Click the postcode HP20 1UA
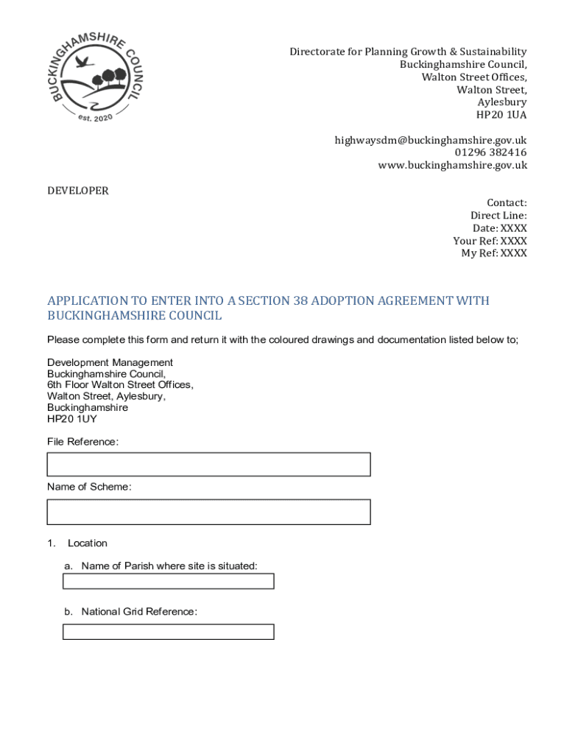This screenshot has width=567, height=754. coord(501,115)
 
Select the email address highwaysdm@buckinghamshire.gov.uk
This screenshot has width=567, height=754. coord(431,140)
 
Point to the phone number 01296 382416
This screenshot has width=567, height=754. coord(490,152)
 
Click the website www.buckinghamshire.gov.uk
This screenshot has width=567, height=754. coord(452,165)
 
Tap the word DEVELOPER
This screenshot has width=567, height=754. coord(78,191)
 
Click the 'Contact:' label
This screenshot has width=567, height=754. coord(507,202)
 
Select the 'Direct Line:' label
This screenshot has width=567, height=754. coord(499,216)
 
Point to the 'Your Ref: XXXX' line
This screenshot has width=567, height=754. coord(490,241)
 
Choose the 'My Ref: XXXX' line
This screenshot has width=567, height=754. coord(493,253)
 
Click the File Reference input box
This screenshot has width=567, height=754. coord(208,465)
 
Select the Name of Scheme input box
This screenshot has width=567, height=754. coord(208,512)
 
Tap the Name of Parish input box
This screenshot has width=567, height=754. coord(168,581)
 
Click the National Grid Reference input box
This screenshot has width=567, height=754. coord(168,632)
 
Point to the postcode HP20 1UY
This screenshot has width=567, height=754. coord(72,419)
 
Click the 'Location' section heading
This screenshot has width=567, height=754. coord(88,543)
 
